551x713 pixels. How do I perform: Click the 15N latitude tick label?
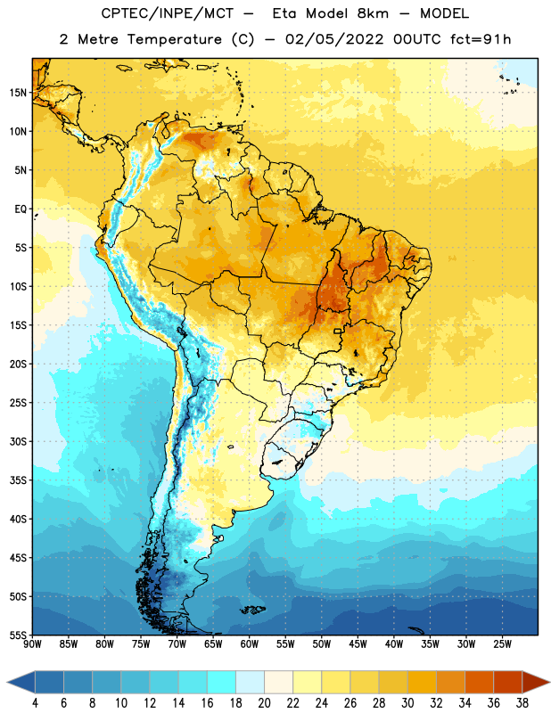point(18,93)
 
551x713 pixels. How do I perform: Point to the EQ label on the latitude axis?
point(21,209)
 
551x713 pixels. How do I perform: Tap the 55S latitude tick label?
point(18,635)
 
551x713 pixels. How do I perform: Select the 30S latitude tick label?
point(18,441)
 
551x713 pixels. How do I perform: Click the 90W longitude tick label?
point(32,644)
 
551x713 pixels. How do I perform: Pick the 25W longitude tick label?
point(502,644)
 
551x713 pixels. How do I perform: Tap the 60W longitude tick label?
point(250,644)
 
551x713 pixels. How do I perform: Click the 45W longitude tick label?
point(358,644)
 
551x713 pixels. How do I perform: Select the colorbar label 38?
point(522,703)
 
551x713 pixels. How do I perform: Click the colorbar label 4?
point(35,703)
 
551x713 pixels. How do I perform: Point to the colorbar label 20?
point(264,703)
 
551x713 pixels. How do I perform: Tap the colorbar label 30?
point(407,703)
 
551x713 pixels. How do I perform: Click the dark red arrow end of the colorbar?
point(535,682)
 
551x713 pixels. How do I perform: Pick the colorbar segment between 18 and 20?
point(250,682)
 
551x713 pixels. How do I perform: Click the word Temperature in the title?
point(174,39)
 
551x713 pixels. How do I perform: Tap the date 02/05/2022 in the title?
point(334,39)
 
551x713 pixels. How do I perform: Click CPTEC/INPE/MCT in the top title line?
point(167,13)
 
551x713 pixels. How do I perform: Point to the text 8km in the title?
point(373,13)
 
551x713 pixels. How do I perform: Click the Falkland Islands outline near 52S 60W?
point(252,610)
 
